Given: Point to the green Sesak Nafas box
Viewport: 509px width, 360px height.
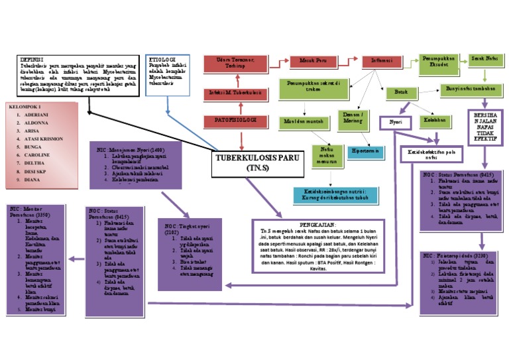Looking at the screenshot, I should tap(485, 60).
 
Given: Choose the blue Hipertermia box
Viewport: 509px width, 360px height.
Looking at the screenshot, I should tap(367, 150).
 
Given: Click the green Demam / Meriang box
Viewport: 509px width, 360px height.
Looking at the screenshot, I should tap(353, 117).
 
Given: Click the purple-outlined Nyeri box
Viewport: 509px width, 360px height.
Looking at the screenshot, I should tap(396, 123).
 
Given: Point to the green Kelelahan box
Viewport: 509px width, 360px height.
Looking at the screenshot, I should tap(434, 121).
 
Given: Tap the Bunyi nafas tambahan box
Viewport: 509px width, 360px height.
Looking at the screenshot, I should tap(471, 89).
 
